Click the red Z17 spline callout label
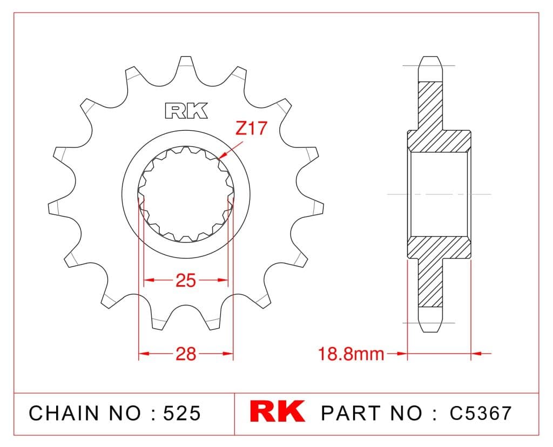(252, 128)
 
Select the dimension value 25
(186, 281)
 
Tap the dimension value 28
(186, 354)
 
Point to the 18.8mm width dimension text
(351, 354)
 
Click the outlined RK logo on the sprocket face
(186, 111)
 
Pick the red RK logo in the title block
(277, 411)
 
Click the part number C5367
(480, 413)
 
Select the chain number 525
(181, 413)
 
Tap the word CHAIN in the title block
(64, 413)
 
